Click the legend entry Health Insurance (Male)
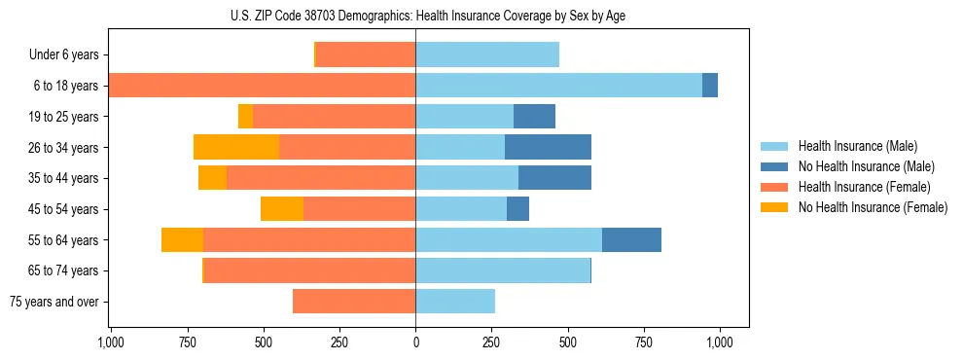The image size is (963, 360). [x=852, y=146]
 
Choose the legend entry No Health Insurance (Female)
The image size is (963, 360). [x=873, y=207]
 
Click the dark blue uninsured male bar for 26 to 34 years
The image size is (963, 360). [x=548, y=147]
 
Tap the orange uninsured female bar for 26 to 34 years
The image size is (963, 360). [x=236, y=147]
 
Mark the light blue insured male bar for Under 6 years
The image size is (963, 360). [x=487, y=54]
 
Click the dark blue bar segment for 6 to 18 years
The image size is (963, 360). [x=710, y=86]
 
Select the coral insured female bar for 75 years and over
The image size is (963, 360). [x=354, y=302]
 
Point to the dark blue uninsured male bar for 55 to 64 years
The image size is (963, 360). [x=631, y=239]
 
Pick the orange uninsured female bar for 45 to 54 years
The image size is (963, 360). [x=282, y=209]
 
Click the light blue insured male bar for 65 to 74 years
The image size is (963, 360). [x=503, y=270]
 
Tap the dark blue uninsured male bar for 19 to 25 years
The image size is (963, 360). [x=534, y=117]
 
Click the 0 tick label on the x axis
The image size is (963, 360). [x=415, y=342]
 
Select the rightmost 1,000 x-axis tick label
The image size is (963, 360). [x=720, y=342]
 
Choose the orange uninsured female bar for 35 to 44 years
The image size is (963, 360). [x=212, y=178]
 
